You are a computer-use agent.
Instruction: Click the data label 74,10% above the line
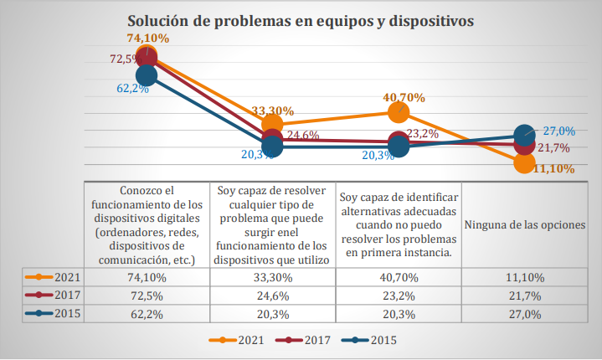pyautogui.click(x=148, y=38)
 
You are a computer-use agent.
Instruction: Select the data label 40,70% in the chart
pyautogui.click(x=404, y=97)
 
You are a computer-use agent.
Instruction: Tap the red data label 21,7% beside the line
pyautogui.click(x=553, y=148)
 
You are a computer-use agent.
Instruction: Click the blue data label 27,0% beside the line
pyautogui.click(x=558, y=131)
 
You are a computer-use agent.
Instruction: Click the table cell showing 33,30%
pyautogui.click(x=273, y=278)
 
